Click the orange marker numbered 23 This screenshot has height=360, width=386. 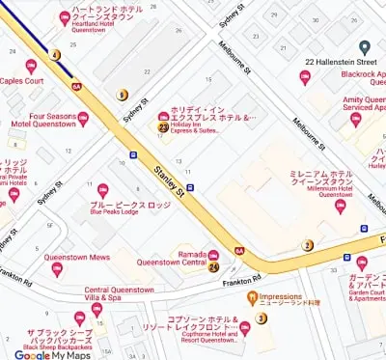(x=162, y=127)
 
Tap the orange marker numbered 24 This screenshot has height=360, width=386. (x=213, y=266)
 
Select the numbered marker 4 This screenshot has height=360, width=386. (x=55, y=55)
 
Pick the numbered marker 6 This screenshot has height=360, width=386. (x=122, y=95)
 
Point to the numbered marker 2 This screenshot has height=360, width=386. (x=308, y=245)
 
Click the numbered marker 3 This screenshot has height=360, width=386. (x=261, y=318)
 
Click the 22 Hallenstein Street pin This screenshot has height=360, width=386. (x=364, y=46)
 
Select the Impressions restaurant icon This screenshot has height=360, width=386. (x=252, y=297)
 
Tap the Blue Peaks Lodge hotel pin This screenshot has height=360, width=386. (x=103, y=190)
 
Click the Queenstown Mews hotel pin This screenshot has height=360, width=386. (x=57, y=270)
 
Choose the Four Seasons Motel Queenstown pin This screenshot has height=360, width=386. (x=83, y=119)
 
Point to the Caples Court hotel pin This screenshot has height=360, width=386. (x=31, y=67)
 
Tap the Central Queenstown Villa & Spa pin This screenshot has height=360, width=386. (x=96, y=309)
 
